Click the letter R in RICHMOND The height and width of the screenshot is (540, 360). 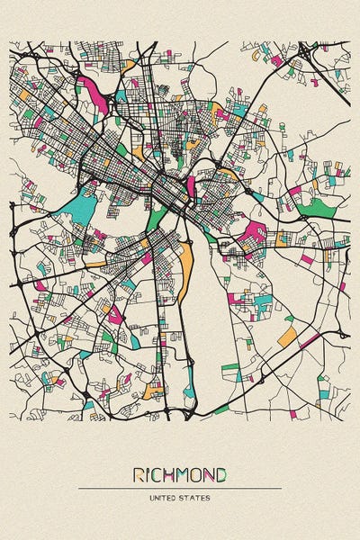pyautogui.click(x=139, y=474)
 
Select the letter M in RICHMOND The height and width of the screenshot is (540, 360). pyautogui.click(x=184, y=474)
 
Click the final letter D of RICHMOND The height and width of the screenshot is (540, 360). pyautogui.click(x=221, y=474)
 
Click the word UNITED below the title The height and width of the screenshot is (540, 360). pyautogui.click(x=166, y=498)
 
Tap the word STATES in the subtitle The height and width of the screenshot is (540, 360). pyautogui.click(x=195, y=498)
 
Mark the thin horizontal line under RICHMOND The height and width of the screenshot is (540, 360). pyautogui.click(x=180, y=489)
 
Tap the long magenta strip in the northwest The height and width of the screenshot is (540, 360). pyautogui.click(x=93, y=92)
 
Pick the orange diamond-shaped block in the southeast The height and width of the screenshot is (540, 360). pyautogui.click(x=287, y=337)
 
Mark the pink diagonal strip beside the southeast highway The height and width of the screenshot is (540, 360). pyautogui.click(x=309, y=341)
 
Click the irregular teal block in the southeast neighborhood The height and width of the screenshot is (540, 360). pyautogui.click(x=262, y=302)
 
